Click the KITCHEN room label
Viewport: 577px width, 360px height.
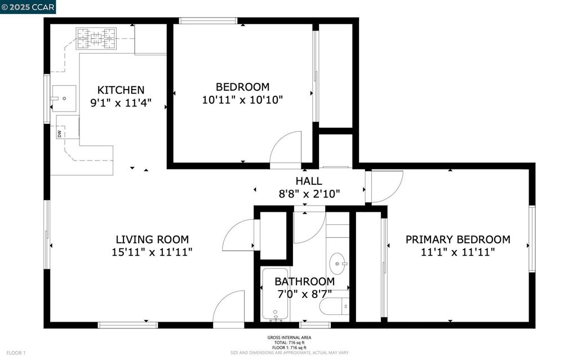coord(121,90)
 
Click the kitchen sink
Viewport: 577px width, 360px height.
coord(64,99)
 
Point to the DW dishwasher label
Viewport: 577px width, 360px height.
coord(59,134)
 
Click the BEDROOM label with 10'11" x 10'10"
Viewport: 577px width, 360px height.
coord(242,87)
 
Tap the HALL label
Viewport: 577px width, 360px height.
coord(309,181)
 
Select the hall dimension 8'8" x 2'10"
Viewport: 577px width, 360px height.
coord(309,194)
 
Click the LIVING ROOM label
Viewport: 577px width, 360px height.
coord(152,239)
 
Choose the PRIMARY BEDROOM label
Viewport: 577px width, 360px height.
coord(458,239)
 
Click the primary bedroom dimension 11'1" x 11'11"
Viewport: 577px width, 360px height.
coord(458,253)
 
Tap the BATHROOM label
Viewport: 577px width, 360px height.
coord(304,281)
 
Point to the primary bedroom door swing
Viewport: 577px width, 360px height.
coord(384,187)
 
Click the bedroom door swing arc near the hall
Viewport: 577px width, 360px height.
coord(287,148)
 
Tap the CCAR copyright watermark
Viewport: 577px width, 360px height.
coord(28,7)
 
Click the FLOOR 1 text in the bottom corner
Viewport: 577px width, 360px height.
coord(16,353)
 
